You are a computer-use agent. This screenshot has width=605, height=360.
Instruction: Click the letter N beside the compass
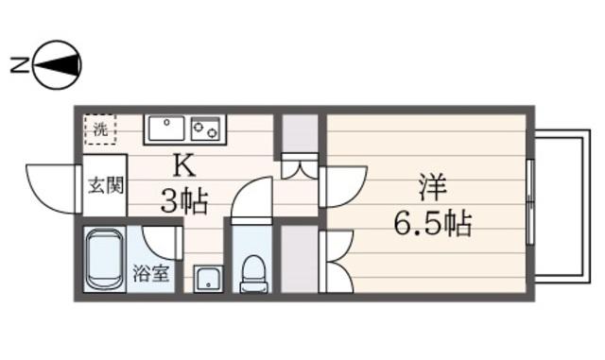(19, 65)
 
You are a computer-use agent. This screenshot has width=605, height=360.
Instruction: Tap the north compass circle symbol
(58, 65)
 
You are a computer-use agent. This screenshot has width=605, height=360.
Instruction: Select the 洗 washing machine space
(100, 129)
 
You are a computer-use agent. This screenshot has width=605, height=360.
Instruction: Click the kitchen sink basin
(166, 129)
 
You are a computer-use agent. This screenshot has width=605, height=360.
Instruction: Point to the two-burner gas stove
(206, 129)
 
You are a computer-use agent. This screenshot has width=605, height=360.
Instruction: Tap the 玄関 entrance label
(106, 186)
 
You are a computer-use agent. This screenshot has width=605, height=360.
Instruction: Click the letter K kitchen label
(184, 166)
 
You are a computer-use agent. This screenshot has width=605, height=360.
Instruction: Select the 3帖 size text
(184, 201)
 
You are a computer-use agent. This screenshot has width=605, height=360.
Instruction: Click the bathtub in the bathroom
(104, 259)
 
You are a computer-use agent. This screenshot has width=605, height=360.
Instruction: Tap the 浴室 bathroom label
(151, 274)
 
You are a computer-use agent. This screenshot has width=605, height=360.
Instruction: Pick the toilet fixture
(253, 274)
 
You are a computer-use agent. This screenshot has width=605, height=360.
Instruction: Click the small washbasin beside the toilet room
(208, 279)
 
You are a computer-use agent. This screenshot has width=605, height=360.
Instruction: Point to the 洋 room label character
(433, 187)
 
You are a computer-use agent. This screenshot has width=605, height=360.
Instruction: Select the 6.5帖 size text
(433, 223)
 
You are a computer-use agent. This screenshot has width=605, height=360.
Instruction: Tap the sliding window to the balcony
(530, 201)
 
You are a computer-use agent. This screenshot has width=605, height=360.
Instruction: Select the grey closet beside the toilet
(299, 259)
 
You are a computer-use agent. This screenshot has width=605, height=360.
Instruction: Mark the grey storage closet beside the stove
(300, 133)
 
